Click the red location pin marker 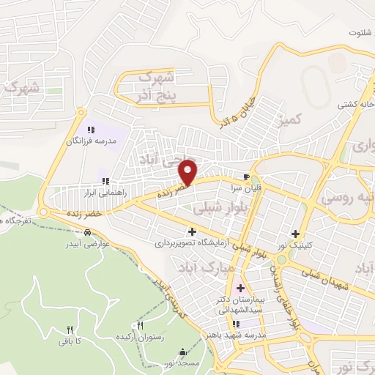[x=189, y=171]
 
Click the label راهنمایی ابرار [x=106, y=192]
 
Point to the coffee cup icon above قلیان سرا [x=247, y=177]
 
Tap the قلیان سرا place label [x=248, y=187]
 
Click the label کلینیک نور [x=295, y=243]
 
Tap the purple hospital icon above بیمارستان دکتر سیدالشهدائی [x=240, y=287]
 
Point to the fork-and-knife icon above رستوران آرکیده [x=141, y=324]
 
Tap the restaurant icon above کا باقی [x=70, y=330]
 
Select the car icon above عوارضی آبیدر [x=88, y=233]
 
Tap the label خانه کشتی [x=352, y=104]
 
